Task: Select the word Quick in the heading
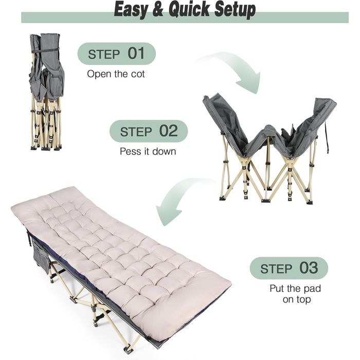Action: [189, 10]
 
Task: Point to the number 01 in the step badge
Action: [136, 53]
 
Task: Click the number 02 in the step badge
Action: [169, 131]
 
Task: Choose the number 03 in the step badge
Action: [309, 268]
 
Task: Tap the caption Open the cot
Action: [116, 74]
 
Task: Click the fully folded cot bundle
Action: [47, 92]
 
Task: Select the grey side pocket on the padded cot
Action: [41, 256]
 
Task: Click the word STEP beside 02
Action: [136, 132]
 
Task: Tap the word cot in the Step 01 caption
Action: [138, 74]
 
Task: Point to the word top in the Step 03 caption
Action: [303, 300]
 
